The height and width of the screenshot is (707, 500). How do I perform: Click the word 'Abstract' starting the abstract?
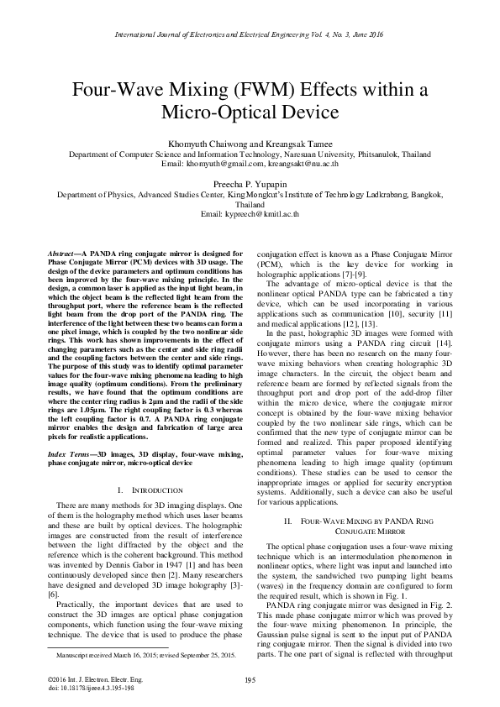(59, 253)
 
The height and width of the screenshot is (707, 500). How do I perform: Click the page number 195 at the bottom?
(250, 679)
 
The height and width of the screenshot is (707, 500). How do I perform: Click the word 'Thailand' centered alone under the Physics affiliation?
(250, 203)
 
